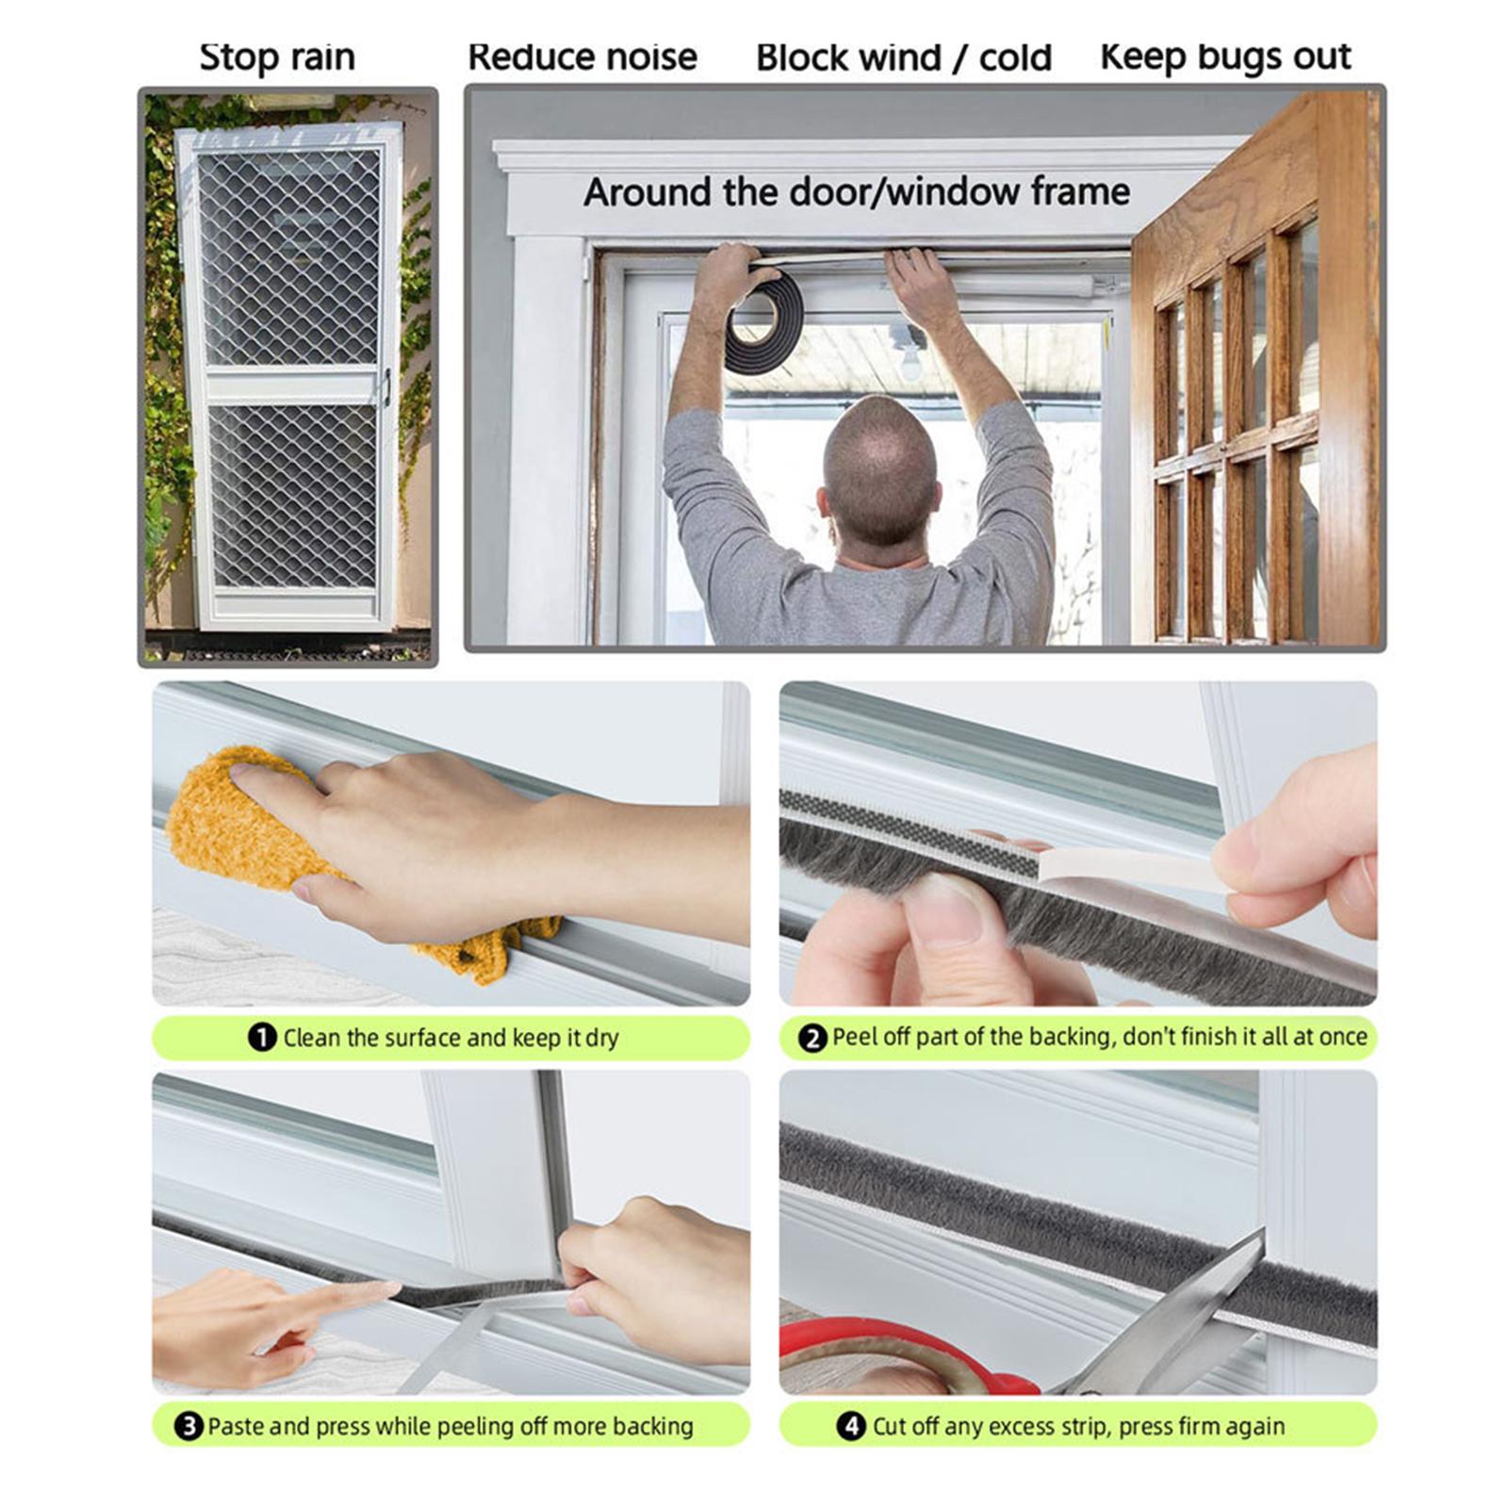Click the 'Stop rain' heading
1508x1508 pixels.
point(277,57)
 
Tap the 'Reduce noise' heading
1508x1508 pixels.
point(582,57)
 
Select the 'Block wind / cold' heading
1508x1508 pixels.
point(904,58)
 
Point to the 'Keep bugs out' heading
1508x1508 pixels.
point(1225,57)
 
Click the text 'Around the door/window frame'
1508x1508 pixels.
point(857,192)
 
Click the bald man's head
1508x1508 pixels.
point(881,471)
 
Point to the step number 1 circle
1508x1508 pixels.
point(261,1037)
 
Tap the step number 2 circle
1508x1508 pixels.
point(811,1038)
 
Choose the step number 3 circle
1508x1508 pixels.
point(188,1425)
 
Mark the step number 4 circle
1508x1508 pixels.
point(851,1425)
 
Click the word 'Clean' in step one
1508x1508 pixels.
point(311,1038)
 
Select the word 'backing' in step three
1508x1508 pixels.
point(652,1426)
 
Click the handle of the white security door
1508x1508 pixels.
point(385,386)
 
